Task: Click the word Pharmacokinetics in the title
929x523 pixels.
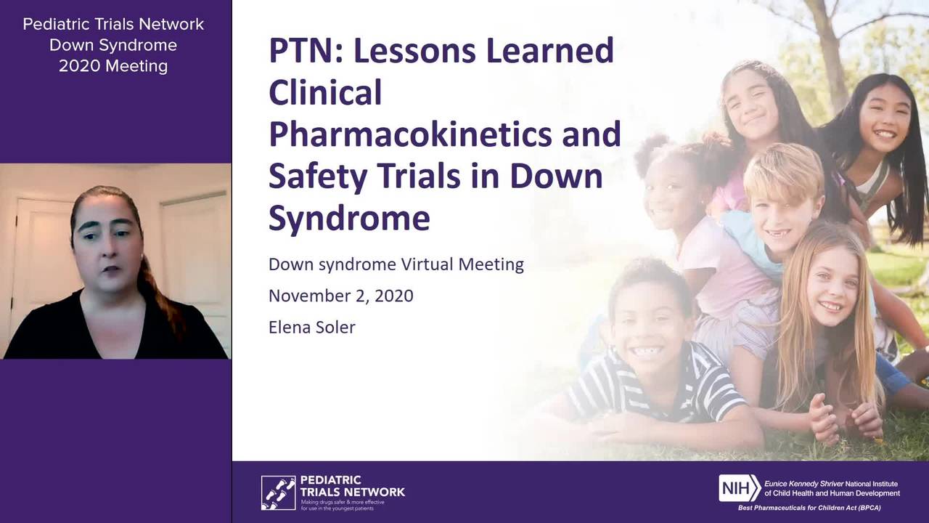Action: coord(410,134)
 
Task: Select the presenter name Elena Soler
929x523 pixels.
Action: coord(312,327)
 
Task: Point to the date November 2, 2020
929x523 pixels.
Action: coord(341,296)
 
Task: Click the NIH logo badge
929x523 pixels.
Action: coord(740,487)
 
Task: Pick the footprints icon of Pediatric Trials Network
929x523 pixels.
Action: coord(278,492)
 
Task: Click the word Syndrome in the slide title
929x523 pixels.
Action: coord(349,218)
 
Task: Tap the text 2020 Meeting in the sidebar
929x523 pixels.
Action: coord(113,66)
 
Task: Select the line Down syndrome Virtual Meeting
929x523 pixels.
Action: coord(396,264)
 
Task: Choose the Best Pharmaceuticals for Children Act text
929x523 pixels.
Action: coord(809,508)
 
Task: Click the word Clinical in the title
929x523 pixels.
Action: coord(325,92)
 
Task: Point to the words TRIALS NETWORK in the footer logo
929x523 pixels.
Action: coord(353,492)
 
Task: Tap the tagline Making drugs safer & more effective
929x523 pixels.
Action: coord(343,502)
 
